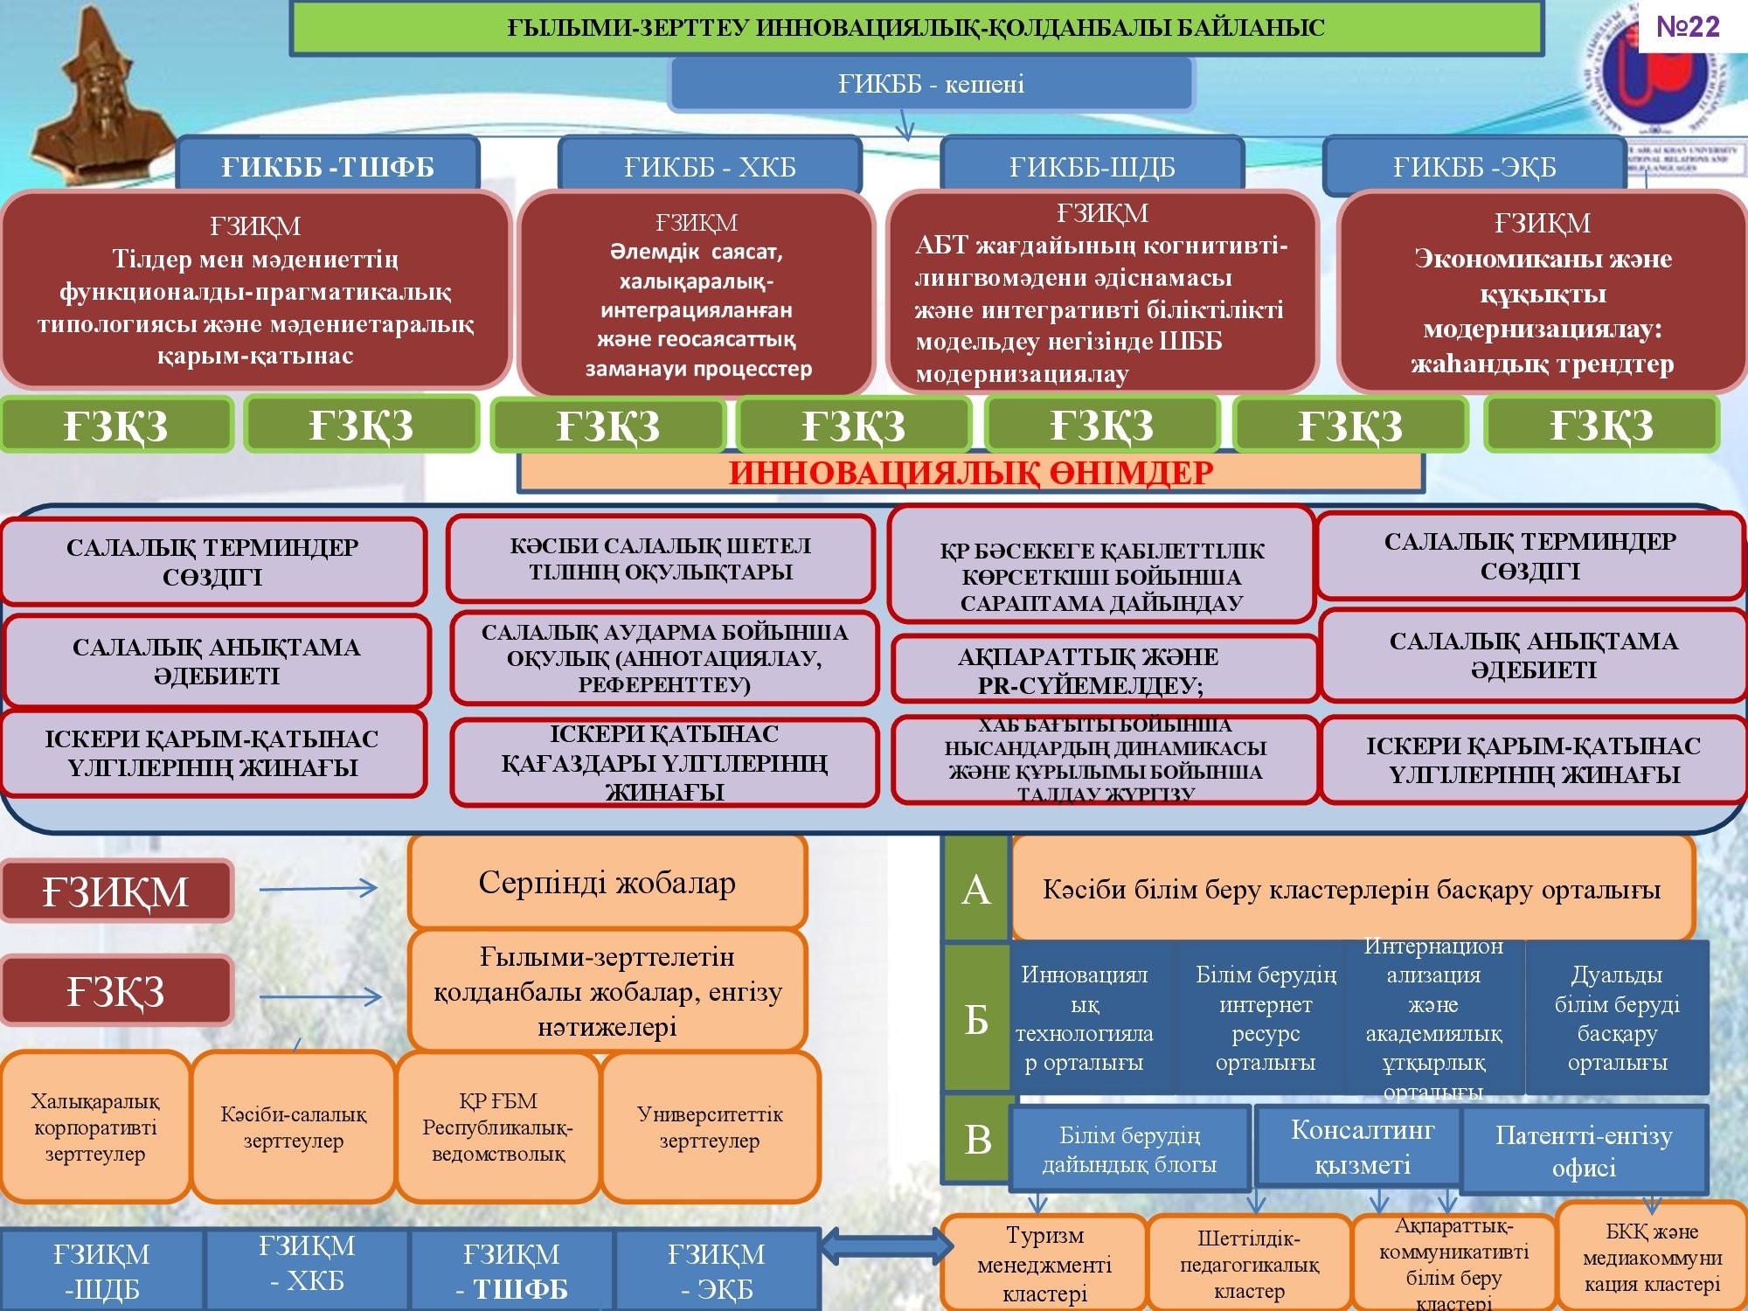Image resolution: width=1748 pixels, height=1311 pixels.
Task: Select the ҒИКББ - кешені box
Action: (x=931, y=84)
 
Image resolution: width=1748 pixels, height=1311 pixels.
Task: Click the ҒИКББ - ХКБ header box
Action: (x=710, y=166)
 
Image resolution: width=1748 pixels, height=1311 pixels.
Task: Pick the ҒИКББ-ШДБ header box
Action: (x=1092, y=166)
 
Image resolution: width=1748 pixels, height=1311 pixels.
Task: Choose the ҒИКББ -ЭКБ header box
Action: (x=1474, y=166)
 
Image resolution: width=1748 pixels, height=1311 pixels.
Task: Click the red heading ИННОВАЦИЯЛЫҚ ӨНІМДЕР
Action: (x=970, y=473)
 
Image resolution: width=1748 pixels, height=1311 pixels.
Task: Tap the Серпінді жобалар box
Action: (x=607, y=883)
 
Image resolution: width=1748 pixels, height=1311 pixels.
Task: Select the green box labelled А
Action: (x=976, y=890)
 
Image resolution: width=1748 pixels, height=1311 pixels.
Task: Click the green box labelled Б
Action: (x=976, y=1018)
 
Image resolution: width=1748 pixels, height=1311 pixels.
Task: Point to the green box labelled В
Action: (x=977, y=1139)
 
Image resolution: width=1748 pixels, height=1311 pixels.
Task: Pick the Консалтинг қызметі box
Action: (x=1362, y=1147)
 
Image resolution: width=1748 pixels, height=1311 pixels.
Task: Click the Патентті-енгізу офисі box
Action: (x=1584, y=1150)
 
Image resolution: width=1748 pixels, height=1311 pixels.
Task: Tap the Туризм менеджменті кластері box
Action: (x=1044, y=1263)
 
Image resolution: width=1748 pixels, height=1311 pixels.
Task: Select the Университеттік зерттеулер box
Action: (x=710, y=1127)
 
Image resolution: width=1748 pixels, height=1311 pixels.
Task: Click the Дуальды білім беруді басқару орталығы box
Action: (x=1617, y=1018)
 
